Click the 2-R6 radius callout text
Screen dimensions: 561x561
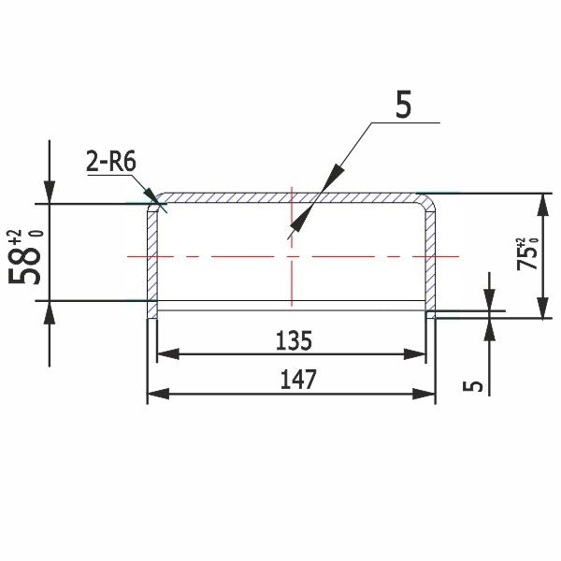110,162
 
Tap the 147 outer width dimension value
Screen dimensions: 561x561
298,380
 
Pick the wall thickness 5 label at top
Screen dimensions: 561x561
402,106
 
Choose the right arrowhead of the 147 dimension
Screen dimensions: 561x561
425,395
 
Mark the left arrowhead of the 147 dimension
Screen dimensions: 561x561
159,395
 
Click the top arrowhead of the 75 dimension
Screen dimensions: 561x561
539,203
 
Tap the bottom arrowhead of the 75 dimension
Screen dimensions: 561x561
539,309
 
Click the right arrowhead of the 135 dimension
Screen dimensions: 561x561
417,354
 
